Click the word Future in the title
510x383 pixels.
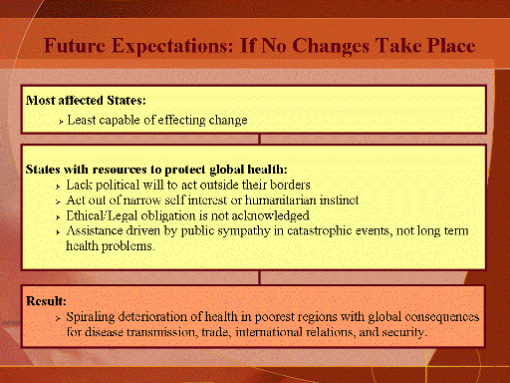[x=75, y=46]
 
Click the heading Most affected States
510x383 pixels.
[x=86, y=100]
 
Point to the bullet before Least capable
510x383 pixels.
[x=61, y=122]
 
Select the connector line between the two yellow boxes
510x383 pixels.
[x=259, y=139]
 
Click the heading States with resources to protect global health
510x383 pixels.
[x=156, y=170]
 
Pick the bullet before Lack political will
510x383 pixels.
[x=58, y=187]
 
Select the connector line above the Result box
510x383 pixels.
[x=259, y=277]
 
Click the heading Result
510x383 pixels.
[x=46, y=301]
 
